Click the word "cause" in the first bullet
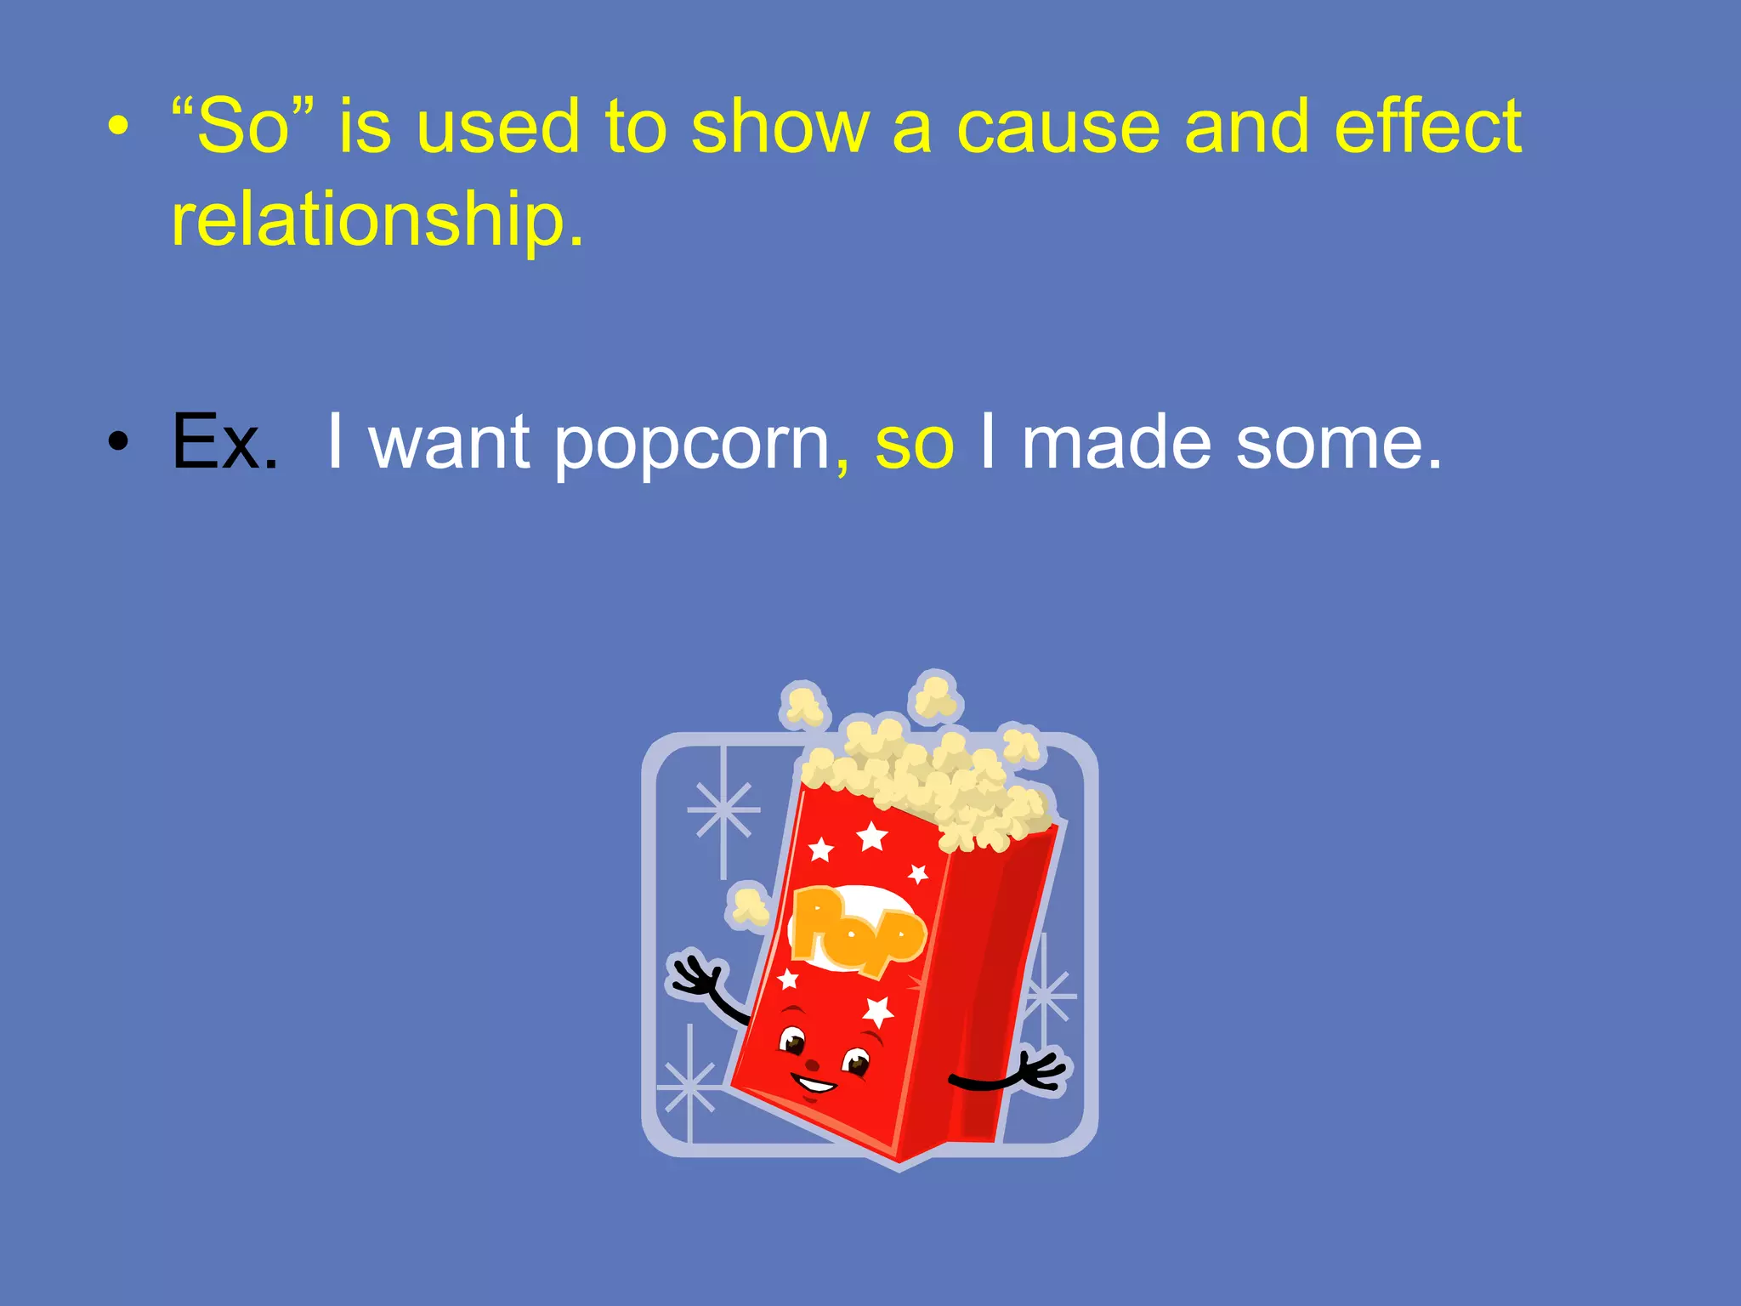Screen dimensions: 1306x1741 pos(1058,128)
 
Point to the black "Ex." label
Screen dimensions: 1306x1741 pos(224,441)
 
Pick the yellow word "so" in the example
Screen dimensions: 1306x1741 pos(914,445)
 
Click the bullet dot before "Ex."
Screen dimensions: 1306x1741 pos(119,441)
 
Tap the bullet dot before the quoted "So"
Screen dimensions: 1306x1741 pos(119,128)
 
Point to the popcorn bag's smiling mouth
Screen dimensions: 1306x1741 pos(814,1084)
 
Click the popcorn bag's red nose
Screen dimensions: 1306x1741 pos(813,1063)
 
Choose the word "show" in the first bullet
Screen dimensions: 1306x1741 pos(780,128)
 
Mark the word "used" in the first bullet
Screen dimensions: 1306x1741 pos(496,128)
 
